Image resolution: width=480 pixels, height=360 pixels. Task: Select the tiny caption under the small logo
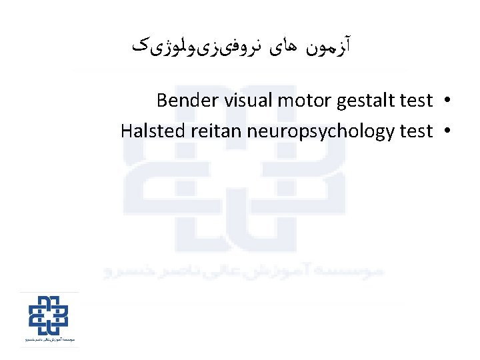click(x=49, y=341)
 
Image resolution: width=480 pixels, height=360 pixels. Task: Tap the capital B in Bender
click(x=162, y=101)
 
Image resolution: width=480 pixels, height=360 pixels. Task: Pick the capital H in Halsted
click(x=127, y=131)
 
